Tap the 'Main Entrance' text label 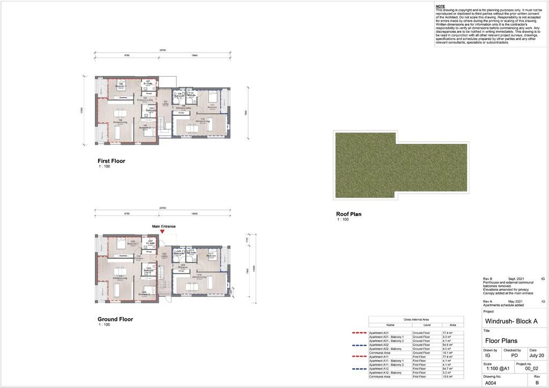pyautogui.click(x=164, y=226)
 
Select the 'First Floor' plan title pyautogui.click(x=111, y=161)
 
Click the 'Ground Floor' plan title pyautogui.click(x=115, y=319)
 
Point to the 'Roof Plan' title pyautogui.click(x=348, y=214)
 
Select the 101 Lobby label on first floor pyautogui.click(x=166, y=103)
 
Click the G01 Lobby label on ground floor pyautogui.click(x=165, y=256)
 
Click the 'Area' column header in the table pyautogui.click(x=453, y=325)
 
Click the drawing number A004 pyautogui.click(x=491, y=383)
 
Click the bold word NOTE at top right pyautogui.click(x=440, y=6)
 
